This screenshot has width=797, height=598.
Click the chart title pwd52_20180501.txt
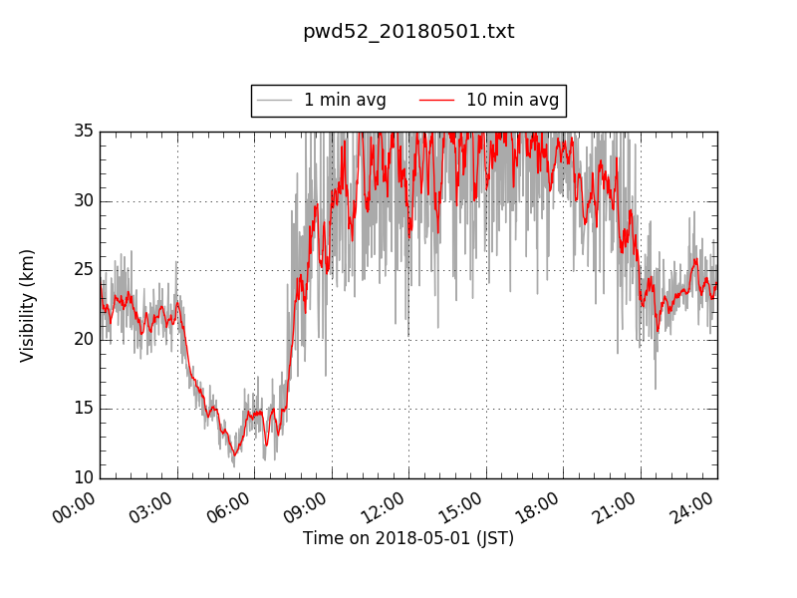[408, 32]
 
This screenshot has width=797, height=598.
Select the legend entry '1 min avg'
[345, 100]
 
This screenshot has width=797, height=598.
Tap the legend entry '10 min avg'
[512, 100]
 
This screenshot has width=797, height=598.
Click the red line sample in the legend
[436, 100]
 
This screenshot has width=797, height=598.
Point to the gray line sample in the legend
[274, 100]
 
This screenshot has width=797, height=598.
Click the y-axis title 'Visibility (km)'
[28, 305]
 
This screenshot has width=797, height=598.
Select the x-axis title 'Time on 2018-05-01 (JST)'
[408, 538]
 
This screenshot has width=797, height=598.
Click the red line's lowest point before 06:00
[234, 455]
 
